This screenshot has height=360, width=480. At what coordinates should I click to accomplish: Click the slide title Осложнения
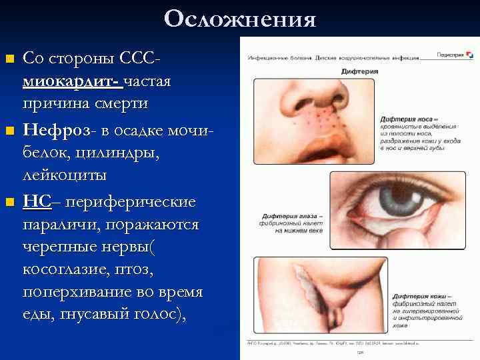click(240, 19)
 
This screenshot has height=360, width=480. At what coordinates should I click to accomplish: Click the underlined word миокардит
click(70, 82)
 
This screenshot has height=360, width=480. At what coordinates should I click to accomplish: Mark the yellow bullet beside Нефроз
click(9, 130)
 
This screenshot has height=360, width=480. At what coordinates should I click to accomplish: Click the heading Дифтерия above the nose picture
click(359, 71)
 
